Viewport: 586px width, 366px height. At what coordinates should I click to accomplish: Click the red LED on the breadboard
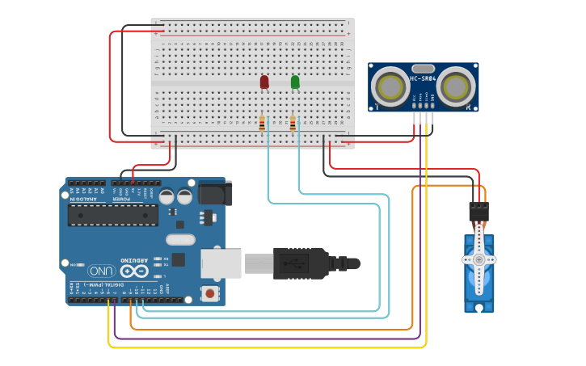click(x=264, y=82)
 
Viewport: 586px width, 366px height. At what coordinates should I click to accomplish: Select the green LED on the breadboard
click(x=295, y=82)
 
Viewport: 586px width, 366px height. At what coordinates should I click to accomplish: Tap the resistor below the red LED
click(x=262, y=123)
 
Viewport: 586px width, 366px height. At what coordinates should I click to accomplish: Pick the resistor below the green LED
click(x=293, y=123)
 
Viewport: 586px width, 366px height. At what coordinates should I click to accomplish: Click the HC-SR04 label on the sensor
click(x=423, y=79)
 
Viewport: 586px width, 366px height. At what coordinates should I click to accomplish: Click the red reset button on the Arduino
click(x=210, y=292)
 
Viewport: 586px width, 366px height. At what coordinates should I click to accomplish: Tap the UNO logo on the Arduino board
click(x=102, y=271)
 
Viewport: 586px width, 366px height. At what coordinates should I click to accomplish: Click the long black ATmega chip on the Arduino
click(x=112, y=214)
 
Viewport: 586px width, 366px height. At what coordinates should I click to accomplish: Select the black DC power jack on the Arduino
click(x=214, y=193)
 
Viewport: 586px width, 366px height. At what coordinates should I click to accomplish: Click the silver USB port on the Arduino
click(x=221, y=263)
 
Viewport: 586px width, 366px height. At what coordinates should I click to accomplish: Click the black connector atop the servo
click(x=478, y=211)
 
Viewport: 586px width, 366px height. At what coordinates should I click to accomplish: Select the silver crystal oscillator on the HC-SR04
click(x=423, y=69)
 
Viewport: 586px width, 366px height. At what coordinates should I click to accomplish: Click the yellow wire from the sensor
click(x=267, y=347)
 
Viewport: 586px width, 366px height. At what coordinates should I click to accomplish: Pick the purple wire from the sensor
click(x=267, y=339)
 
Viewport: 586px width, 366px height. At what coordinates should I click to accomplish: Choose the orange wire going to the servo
click(x=267, y=330)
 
